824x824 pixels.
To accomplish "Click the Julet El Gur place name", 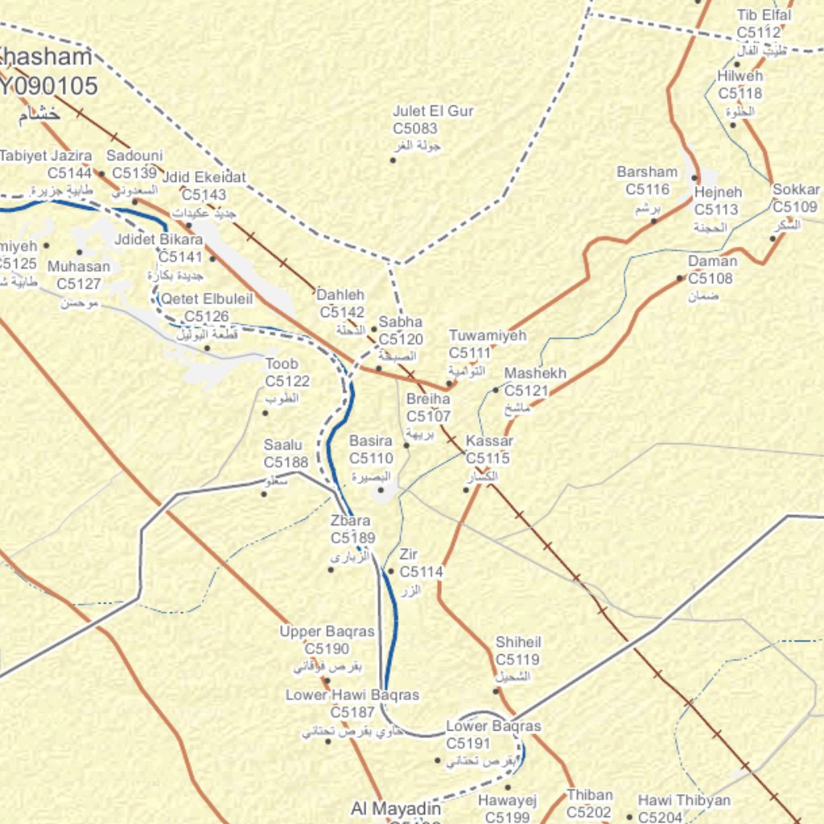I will (433, 111).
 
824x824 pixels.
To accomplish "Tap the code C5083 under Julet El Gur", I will (415, 129).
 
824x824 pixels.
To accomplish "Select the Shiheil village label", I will (517, 642).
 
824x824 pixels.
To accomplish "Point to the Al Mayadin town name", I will (396, 808).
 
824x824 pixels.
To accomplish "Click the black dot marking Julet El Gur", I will (393, 160).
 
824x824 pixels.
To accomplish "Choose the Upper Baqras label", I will (327, 632).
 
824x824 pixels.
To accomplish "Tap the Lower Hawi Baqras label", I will (352, 694).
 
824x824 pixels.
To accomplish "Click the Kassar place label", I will (489, 441).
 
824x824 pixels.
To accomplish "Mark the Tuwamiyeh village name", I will (487, 336).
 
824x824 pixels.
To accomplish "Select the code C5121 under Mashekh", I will (526, 391).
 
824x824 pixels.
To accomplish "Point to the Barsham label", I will (647, 172).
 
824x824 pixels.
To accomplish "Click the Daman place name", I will (712, 262).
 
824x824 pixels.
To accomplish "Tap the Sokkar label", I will (796, 190).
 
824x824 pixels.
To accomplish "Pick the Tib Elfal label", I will (764, 15).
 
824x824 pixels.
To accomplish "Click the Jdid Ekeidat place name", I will (204, 177).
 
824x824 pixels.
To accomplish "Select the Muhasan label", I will (79, 266).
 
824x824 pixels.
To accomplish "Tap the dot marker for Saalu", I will (264, 493).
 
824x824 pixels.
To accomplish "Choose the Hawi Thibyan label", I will (684, 800).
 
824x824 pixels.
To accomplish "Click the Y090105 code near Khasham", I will (48, 86).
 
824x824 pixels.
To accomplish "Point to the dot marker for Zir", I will (391, 571).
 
